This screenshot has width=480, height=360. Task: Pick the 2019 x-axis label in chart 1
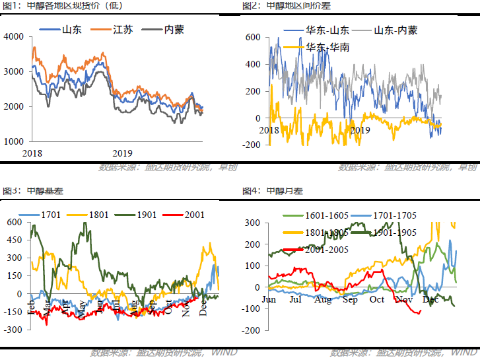click(x=123, y=153)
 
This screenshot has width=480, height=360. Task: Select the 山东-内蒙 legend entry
click(x=395, y=30)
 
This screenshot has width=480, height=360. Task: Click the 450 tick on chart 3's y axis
click(x=14, y=240)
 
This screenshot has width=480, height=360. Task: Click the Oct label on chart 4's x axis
click(x=376, y=299)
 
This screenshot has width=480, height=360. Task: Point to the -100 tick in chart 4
click(x=251, y=308)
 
